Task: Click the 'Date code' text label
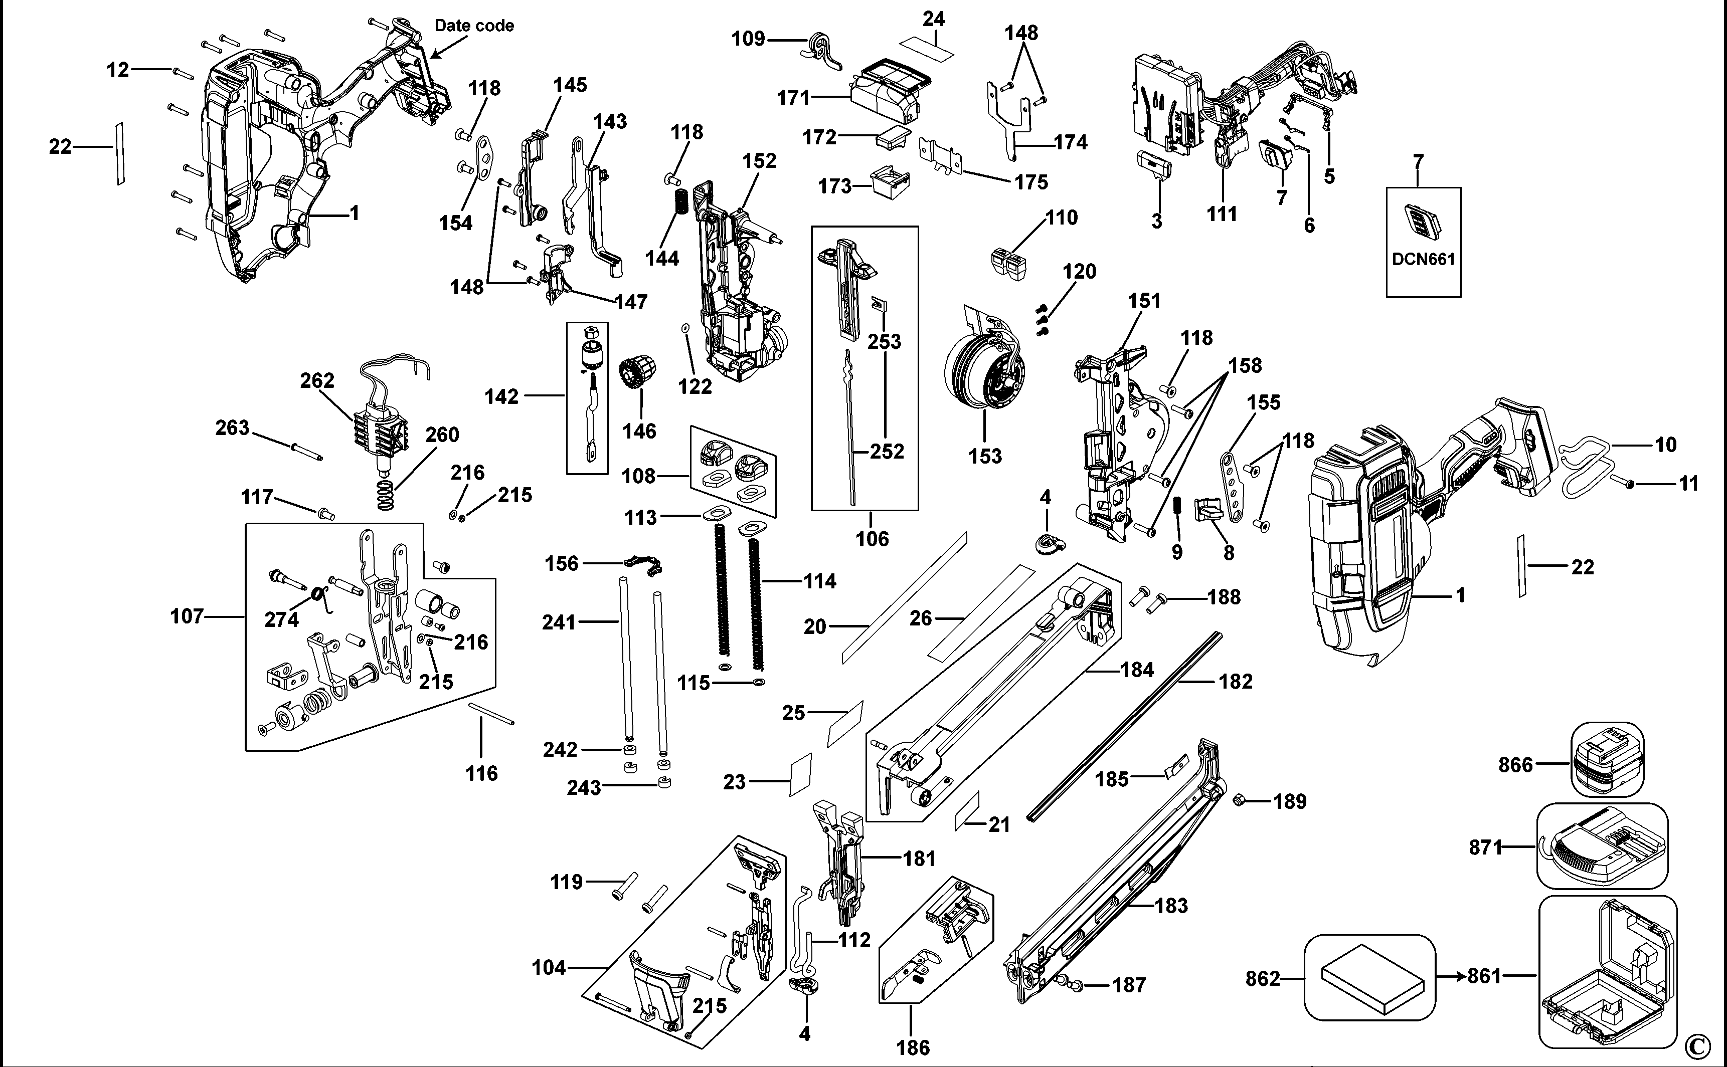[x=474, y=26]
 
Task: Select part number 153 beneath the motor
[x=985, y=456]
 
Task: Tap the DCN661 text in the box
[x=1424, y=259]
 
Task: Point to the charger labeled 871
[x=1603, y=847]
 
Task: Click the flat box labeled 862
[x=1368, y=977]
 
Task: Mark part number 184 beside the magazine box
[x=1137, y=669]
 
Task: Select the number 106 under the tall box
[x=872, y=538]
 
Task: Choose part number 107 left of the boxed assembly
[x=187, y=616]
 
